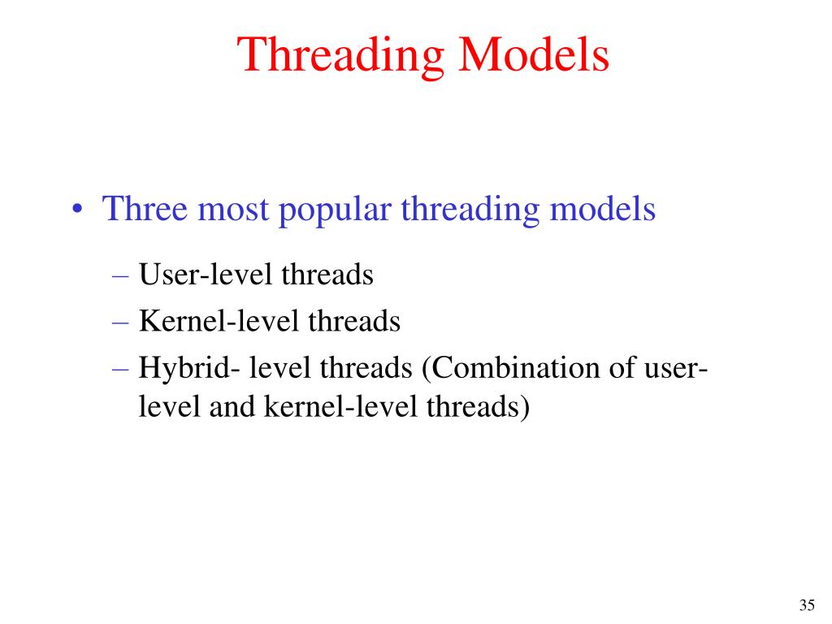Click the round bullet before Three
[x=77, y=210]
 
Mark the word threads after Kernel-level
[x=354, y=322]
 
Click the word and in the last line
[x=232, y=406]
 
